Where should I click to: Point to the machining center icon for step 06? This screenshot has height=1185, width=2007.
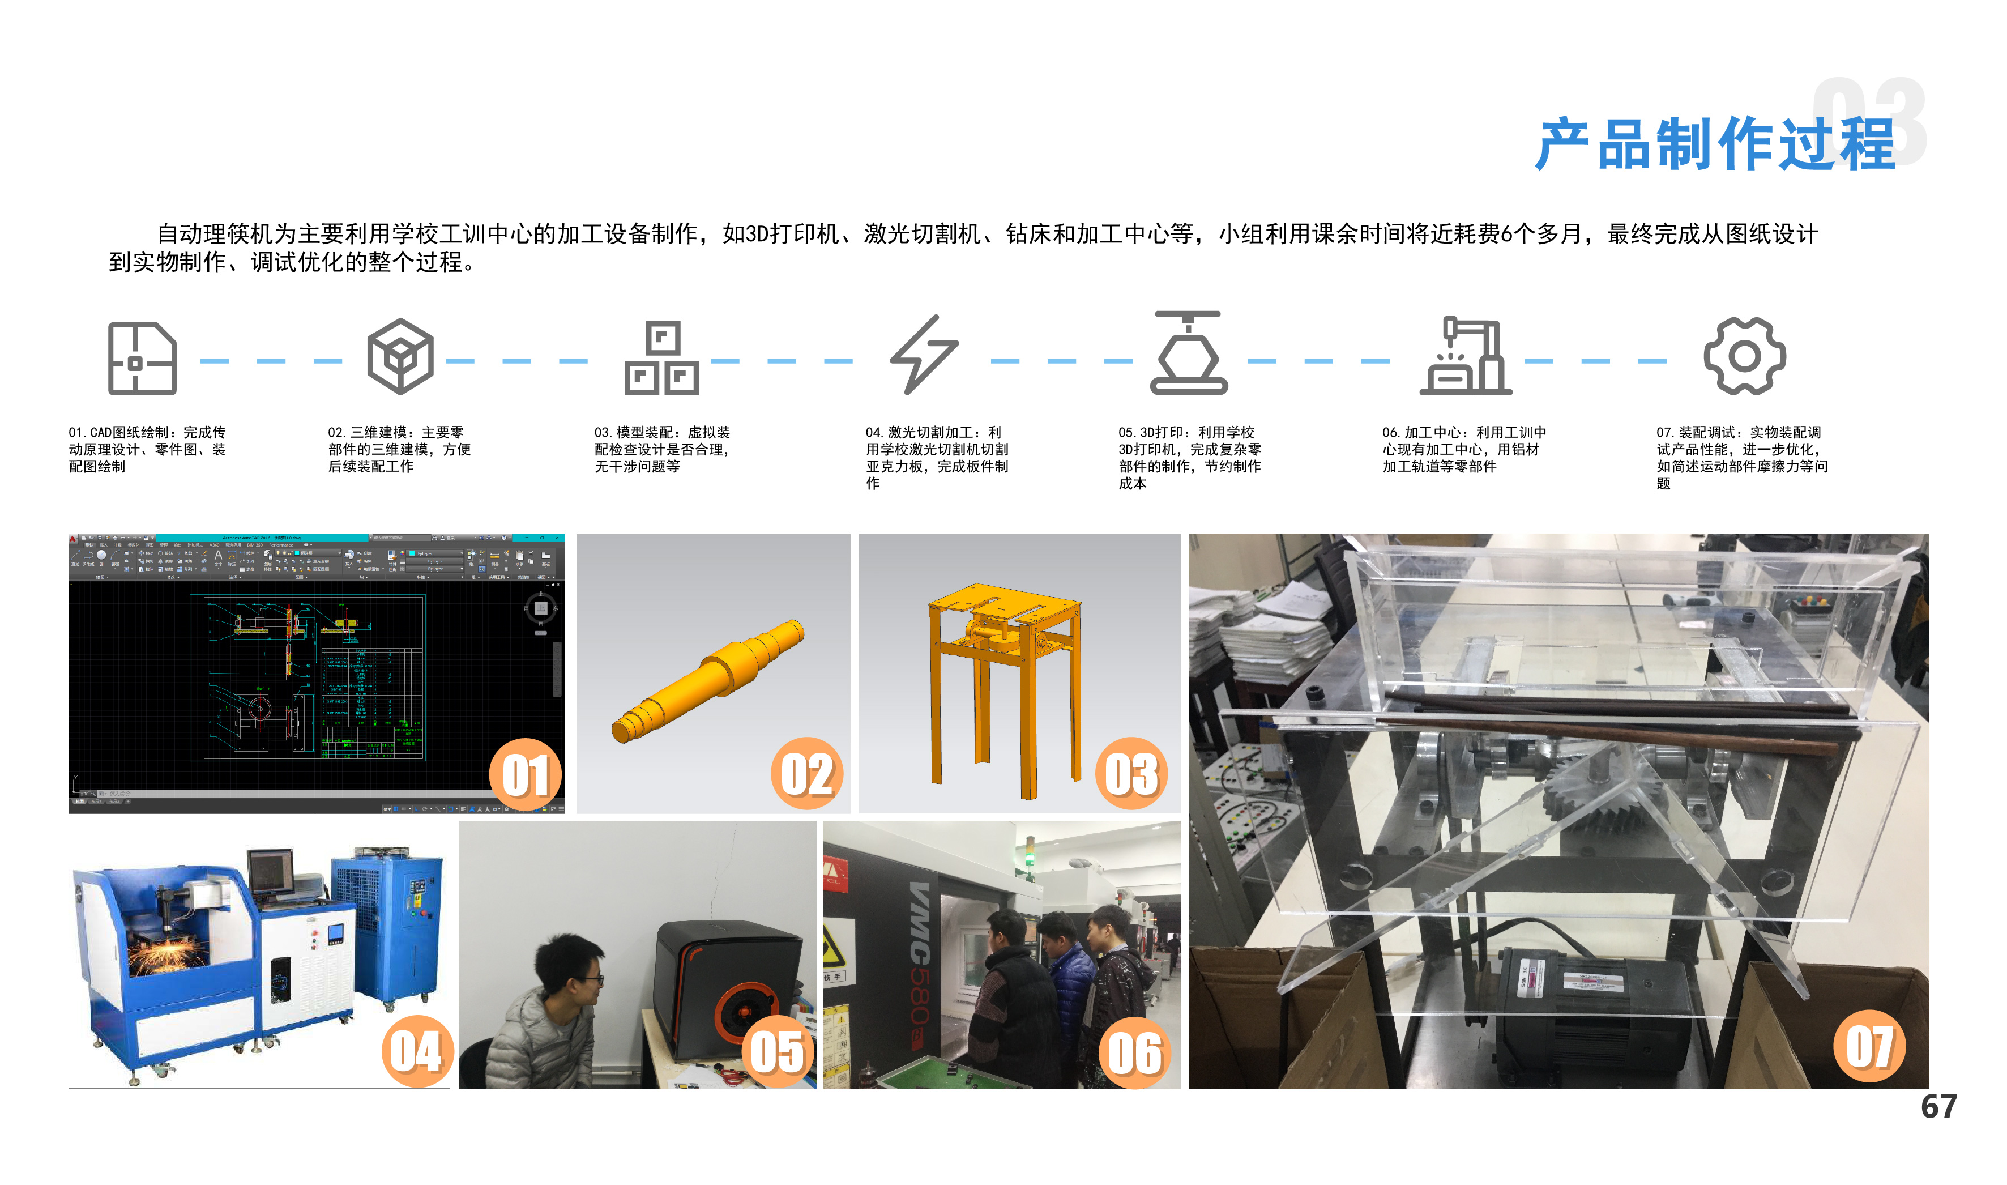(x=1465, y=356)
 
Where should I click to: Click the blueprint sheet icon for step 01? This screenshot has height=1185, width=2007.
(x=142, y=359)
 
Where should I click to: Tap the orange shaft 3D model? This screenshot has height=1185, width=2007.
(x=708, y=681)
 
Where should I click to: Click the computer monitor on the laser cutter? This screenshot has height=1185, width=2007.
(x=271, y=872)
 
